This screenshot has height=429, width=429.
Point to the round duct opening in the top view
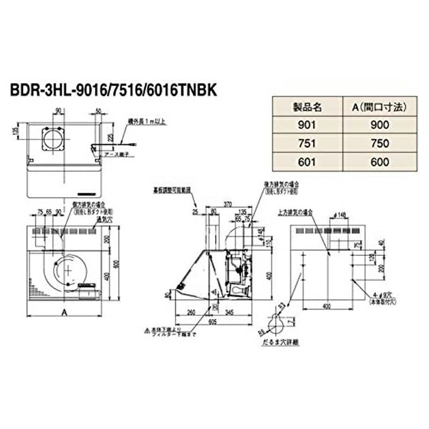click(x=54, y=140)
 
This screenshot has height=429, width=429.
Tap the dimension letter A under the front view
click(x=64, y=311)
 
